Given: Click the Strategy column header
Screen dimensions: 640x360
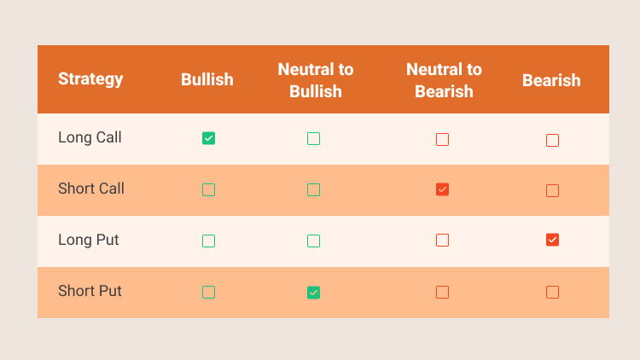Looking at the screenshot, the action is pos(90,79).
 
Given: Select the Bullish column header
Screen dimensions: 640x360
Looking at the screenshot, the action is pos(207,79).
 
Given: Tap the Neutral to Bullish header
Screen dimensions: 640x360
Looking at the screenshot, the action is pos(316,80).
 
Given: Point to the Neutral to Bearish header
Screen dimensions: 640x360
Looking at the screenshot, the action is pos(444,80).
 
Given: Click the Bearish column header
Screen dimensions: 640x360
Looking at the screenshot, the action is pos(551,80).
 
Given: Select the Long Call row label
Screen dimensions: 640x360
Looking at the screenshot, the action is pos(90,137).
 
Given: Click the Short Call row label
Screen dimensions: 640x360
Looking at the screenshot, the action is pos(91,189).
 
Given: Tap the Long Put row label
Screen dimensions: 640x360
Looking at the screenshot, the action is pos(88,240).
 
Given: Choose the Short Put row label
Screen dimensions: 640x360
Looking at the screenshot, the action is pos(90,291).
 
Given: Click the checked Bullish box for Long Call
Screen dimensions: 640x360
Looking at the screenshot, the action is pos(208,138).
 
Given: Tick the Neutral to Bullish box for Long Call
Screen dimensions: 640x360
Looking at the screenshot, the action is pos(313,139).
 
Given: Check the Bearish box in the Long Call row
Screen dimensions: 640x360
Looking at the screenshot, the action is pos(552,141).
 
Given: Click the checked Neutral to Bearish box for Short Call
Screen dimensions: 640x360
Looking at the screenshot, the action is pos(442,189).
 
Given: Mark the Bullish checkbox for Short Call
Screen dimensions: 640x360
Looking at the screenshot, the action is pos(208,189).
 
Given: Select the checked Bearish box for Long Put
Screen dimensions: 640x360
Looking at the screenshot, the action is pos(552,240).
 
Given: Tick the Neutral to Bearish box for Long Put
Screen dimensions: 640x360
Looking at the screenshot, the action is pos(442,240).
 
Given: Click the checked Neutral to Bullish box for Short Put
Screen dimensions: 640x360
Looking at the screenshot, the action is pos(313,293).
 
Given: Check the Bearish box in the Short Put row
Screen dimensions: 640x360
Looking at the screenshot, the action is pos(552,293).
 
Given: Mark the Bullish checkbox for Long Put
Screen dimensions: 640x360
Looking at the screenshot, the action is pos(208,241).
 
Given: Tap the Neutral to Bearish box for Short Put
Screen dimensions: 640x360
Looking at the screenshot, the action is pos(442,293).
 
